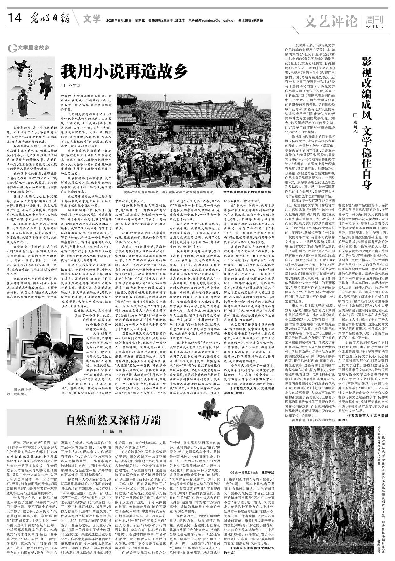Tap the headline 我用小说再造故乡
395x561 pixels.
pos(124,71)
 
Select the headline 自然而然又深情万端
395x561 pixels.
pos(113,420)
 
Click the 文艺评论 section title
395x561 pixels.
pos(331,21)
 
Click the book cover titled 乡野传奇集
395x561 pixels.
pos(31,89)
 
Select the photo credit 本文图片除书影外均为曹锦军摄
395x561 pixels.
pos(247,191)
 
